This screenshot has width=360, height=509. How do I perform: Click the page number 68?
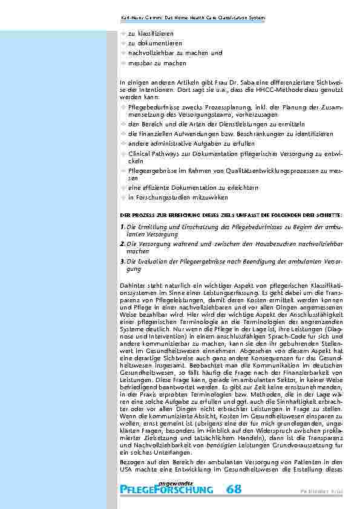[234, 488]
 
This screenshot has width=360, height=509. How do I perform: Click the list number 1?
[122, 227]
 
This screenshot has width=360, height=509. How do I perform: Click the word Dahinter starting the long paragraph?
[132, 284]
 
